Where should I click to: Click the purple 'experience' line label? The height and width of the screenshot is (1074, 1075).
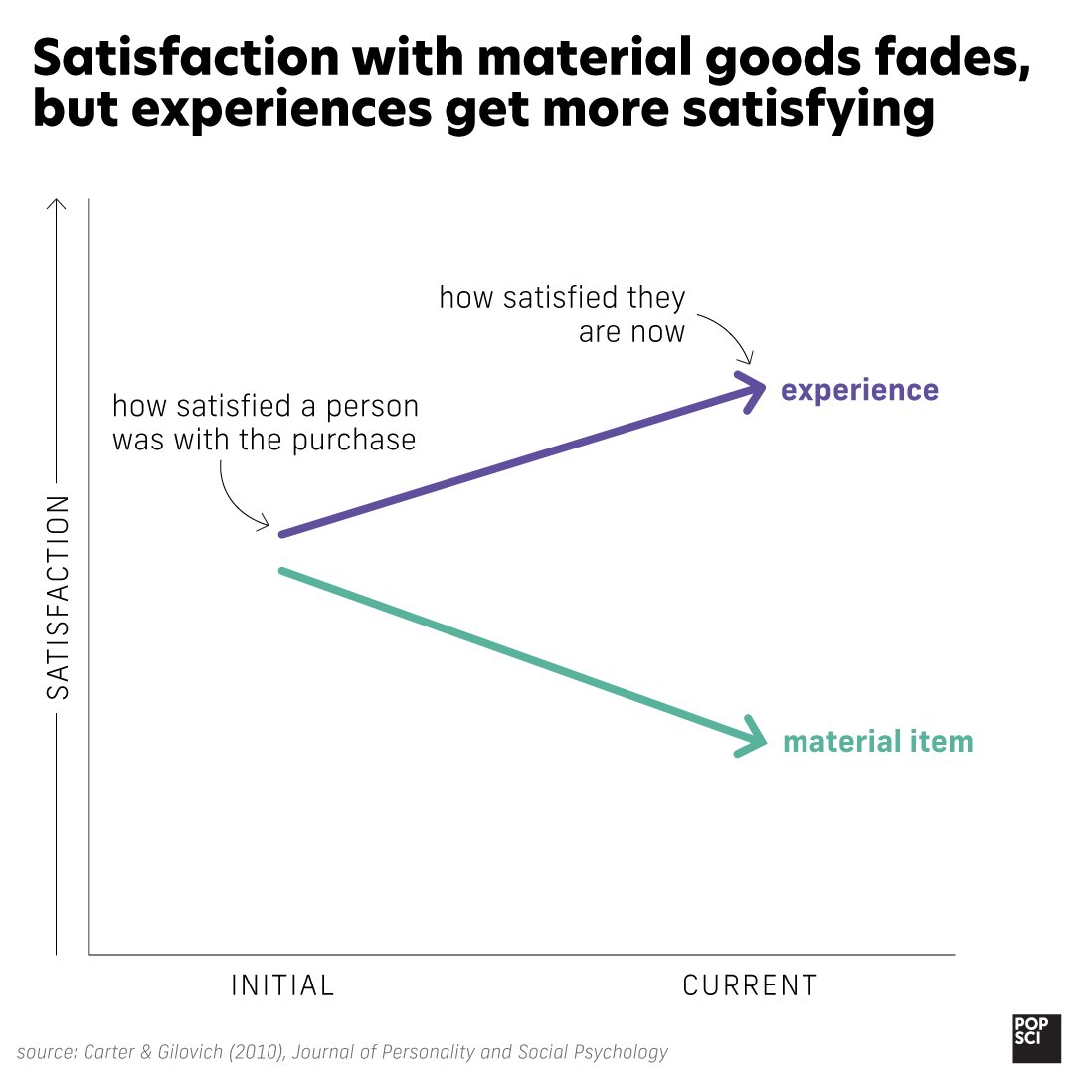click(859, 390)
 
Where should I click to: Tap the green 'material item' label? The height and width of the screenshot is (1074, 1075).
click(877, 742)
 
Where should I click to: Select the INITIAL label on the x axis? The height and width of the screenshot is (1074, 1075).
click(282, 985)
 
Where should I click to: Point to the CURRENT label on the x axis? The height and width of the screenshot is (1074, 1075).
click(750, 985)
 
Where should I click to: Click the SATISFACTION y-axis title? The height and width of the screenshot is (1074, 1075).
click(59, 597)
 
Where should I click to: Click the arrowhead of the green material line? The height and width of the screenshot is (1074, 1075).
click(759, 741)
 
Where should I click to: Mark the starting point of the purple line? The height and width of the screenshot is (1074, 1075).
click(283, 535)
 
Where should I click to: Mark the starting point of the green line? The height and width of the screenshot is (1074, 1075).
click(283, 570)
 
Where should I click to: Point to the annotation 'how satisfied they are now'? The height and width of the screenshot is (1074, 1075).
click(563, 314)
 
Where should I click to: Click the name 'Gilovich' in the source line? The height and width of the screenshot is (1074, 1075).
click(186, 1051)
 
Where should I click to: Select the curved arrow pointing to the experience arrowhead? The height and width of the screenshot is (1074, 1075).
click(728, 338)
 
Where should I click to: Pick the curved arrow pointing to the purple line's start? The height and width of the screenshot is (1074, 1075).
click(237, 497)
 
